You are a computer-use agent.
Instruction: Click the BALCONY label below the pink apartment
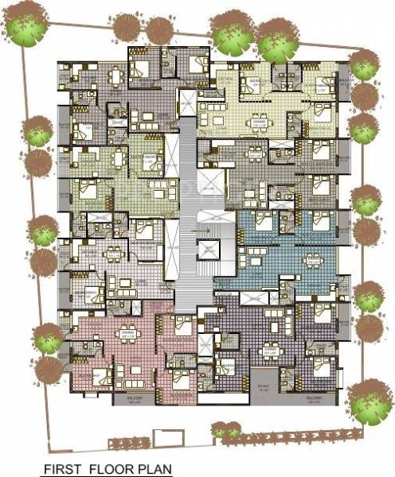pos(121,397)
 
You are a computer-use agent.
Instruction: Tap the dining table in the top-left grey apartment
pos(117,78)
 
